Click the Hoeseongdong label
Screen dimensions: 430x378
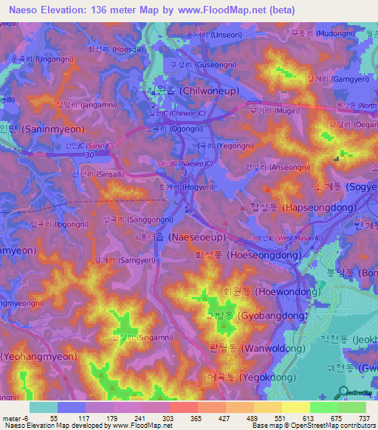247,255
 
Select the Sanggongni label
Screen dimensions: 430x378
137,219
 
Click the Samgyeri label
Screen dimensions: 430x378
121,260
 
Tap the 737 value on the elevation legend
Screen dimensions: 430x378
364,418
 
